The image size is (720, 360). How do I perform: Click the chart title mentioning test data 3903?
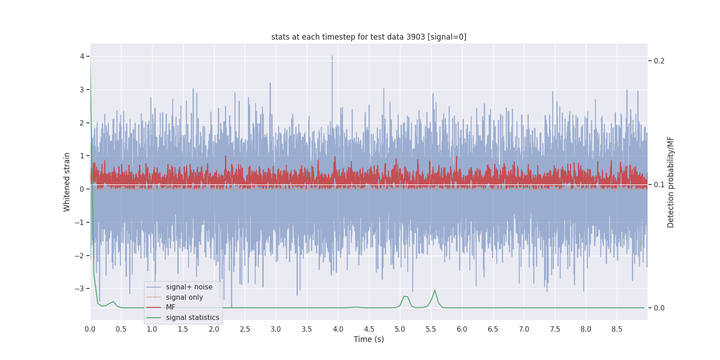(x=369, y=37)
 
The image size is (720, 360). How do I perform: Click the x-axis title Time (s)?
(x=369, y=339)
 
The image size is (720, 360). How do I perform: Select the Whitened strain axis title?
(x=67, y=182)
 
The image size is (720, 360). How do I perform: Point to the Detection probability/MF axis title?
(x=670, y=182)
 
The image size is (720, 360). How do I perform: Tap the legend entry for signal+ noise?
(x=189, y=287)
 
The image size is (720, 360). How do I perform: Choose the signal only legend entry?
(x=184, y=297)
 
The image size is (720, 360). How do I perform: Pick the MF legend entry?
(x=171, y=307)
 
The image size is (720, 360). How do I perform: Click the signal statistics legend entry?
(x=192, y=318)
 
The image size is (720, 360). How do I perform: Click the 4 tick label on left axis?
(x=82, y=56)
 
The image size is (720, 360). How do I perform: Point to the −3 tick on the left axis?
(x=80, y=289)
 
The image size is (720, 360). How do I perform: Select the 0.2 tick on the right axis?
(x=659, y=61)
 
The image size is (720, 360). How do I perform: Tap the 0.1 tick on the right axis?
(x=659, y=184)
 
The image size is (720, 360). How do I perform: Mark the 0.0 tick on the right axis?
(x=659, y=308)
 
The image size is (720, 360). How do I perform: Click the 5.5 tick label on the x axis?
(x=431, y=329)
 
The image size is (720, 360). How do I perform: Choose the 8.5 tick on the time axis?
(x=616, y=329)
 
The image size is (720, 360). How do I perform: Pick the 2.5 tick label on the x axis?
(x=245, y=329)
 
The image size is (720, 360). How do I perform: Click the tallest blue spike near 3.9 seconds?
(x=332, y=57)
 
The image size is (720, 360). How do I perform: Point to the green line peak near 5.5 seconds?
(x=435, y=291)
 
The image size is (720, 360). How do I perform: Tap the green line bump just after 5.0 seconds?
(x=405, y=297)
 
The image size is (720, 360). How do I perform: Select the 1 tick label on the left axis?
(x=82, y=156)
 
